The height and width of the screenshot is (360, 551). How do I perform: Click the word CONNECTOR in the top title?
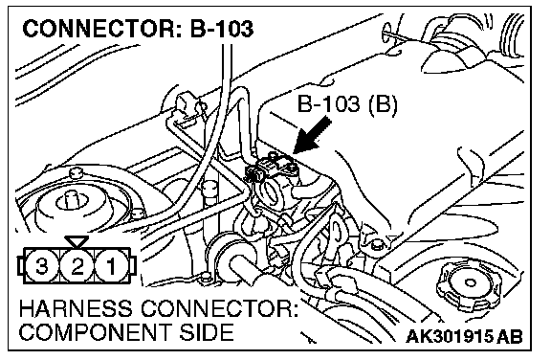(x=97, y=28)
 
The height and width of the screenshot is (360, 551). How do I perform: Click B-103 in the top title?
(x=221, y=28)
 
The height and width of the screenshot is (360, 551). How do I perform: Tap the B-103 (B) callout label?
(x=347, y=104)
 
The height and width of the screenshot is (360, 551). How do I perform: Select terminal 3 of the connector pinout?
(x=41, y=266)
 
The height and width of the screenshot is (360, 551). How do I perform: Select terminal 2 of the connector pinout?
(x=77, y=266)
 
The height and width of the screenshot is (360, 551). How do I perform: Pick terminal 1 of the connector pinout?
(x=111, y=266)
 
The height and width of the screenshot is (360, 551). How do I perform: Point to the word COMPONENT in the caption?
(x=96, y=332)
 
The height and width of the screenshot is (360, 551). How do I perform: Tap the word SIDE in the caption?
(x=207, y=332)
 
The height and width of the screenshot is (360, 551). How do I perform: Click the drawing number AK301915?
(x=451, y=336)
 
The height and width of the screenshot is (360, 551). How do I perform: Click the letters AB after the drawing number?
(x=510, y=336)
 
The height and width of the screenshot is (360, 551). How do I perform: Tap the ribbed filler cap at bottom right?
(x=468, y=284)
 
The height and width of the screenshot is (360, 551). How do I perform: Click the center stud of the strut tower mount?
(x=71, y=199)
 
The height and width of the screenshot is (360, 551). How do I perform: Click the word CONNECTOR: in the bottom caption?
(x=220, y=309)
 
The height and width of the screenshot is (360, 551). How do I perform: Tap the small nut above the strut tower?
(x=76, y=172)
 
